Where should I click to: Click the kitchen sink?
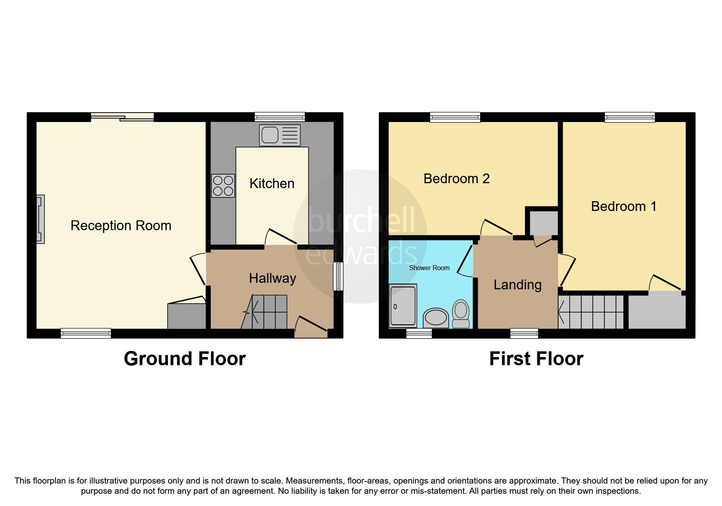pos(280,135)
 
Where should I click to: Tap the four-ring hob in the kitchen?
pos(223,186)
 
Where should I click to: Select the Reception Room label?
pos(121,226)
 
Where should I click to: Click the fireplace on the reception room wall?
pos(40,219)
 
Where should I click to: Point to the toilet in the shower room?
pos(461,313)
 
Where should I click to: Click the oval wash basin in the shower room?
pos(436,318)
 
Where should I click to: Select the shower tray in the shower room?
pos(403,306)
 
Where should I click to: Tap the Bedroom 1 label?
pos(623,206)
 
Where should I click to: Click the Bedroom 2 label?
pos(456,179)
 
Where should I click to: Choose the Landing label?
pos(517,285)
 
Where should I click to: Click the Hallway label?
pos(272,278)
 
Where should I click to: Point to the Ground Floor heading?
pos(185,359)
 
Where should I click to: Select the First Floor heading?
pos(536,359)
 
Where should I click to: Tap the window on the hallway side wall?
pos(338,276)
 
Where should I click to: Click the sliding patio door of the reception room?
pos(122,118)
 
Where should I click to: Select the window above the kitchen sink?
pos(280,118)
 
